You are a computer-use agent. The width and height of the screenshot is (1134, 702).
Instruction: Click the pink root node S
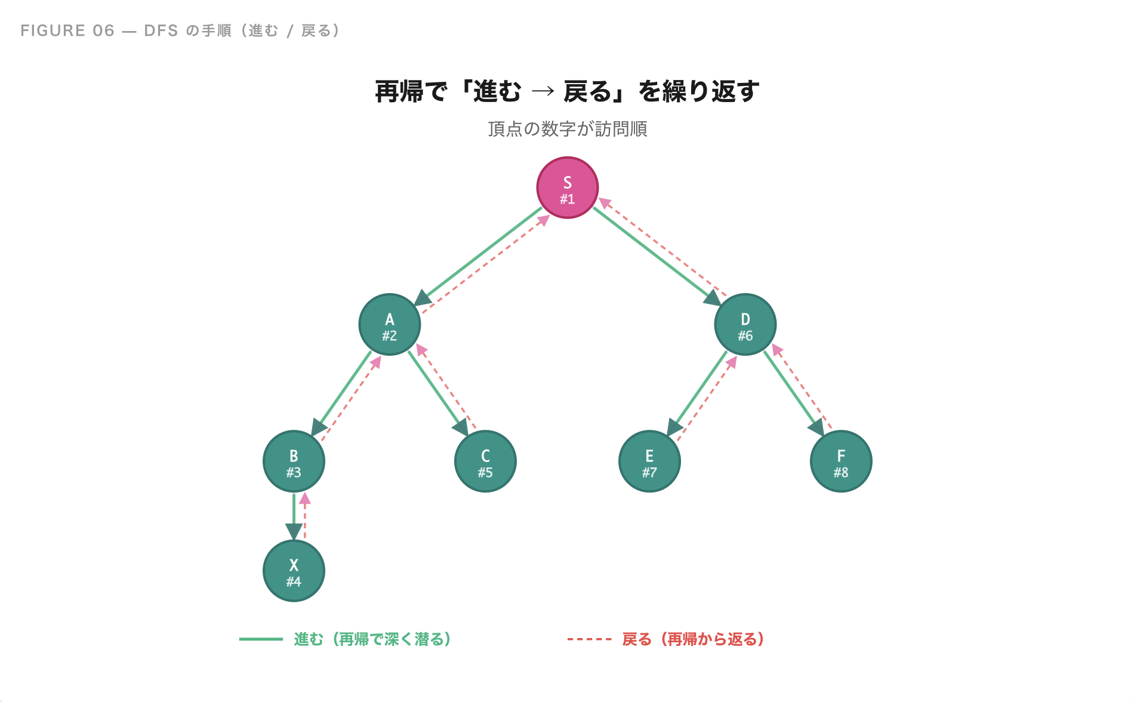(567, 188)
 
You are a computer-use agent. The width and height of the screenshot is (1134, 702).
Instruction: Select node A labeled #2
(390, 325)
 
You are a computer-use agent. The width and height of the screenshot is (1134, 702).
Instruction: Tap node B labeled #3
(294, 461)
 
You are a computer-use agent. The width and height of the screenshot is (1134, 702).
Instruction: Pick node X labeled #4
(294, 571)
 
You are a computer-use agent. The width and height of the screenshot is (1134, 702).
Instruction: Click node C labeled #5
(485, 461)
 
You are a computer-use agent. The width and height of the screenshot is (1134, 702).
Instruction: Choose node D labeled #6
(745, 325)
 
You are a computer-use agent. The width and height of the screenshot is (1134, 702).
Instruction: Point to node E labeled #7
(649, 461)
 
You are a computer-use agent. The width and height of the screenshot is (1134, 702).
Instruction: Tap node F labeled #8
(841, 461)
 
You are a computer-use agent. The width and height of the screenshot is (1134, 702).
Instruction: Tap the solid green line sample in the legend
(261, 639)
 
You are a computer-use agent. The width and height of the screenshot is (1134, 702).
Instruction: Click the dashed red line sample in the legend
(589, 639)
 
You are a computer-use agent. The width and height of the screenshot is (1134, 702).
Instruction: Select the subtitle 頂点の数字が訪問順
(567, 129)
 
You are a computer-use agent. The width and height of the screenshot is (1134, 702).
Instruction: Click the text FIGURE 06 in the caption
(67, 30)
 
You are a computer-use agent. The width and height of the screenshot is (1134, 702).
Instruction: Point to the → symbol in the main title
(543, 91)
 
